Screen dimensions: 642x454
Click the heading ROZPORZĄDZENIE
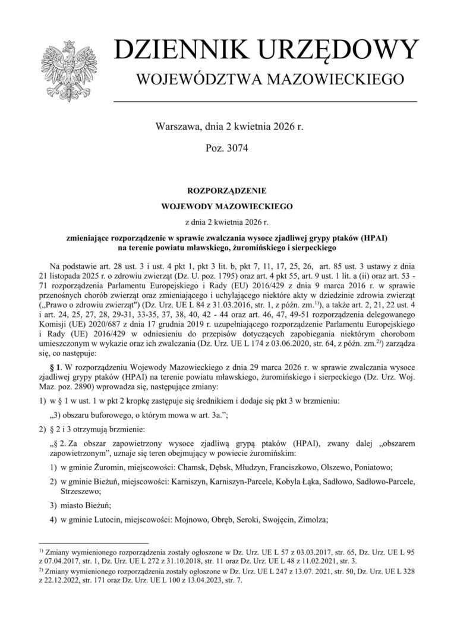227,192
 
